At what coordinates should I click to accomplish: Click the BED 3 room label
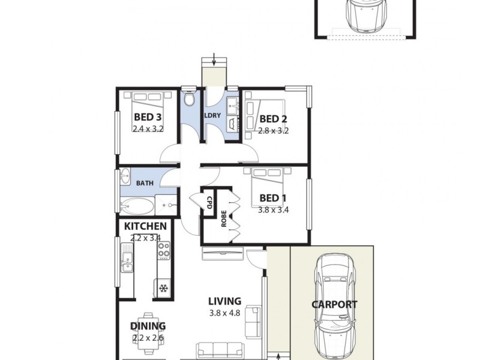point(148,117)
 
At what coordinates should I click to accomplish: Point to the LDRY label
point(213,115)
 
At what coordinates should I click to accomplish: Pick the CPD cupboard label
point(209,203)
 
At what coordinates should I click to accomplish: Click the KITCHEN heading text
point(145,226)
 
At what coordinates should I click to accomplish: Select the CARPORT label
point(334,304)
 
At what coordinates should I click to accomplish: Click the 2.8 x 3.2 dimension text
point(274,130)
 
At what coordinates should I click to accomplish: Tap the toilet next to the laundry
point(189,98)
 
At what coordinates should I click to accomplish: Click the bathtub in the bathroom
point(136,208)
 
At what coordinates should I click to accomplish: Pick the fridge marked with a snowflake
point(163,289)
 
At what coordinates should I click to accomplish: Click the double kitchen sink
point(127,262)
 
